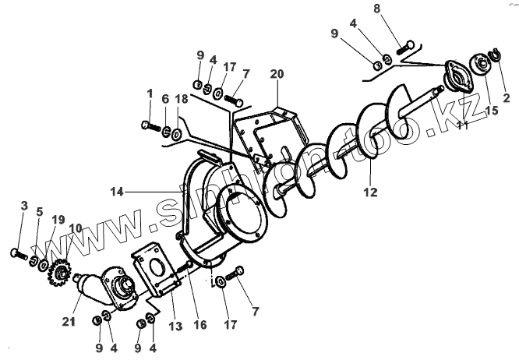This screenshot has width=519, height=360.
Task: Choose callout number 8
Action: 399,10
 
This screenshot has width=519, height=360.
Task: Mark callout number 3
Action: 23,206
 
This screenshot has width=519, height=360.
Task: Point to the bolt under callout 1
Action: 149,124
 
